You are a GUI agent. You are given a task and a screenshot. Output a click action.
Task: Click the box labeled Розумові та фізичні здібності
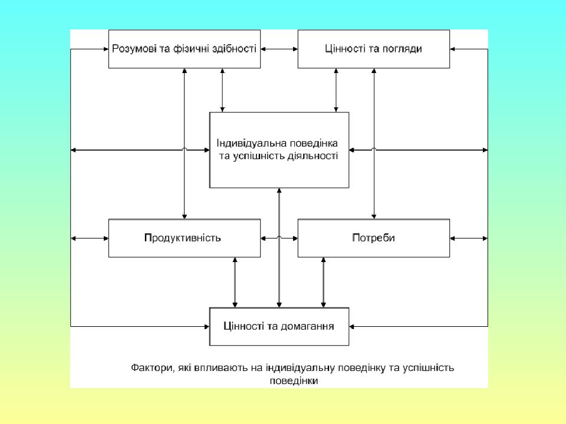pos(185,49)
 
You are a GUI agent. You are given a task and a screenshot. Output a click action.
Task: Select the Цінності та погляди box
pos(374,49)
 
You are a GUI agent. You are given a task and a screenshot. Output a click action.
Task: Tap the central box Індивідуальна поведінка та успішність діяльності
pos(279,150)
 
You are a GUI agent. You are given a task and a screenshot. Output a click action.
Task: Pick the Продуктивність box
pos(185,238)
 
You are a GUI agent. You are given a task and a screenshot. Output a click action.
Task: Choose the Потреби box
pos(374,238)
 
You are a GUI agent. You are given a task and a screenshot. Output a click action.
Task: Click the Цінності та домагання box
pos(279,327)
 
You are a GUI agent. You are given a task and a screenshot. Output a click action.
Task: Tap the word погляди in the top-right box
pos(403,49)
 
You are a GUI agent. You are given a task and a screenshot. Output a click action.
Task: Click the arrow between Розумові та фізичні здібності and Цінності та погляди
pos(279,49)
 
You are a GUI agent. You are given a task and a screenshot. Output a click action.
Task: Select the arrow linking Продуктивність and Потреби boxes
pos(279,238)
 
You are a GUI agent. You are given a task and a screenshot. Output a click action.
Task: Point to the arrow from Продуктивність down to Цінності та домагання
pos(235,282)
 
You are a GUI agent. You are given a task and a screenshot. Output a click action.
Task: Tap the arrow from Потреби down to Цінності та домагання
pos(323,282)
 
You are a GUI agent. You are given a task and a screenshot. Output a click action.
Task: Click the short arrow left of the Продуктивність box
pos(90,238)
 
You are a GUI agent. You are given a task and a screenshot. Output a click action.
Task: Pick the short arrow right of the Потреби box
pos(469,238)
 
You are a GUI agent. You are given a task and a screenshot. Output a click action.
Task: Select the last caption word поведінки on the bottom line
pos(294,381)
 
